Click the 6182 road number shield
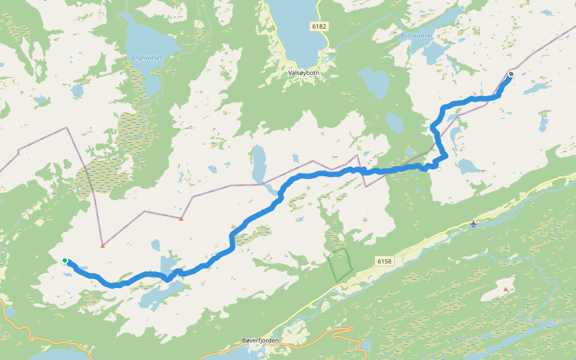coord(319,27)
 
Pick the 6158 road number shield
coord(385,261)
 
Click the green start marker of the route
coord(65,260)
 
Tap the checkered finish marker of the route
coord(511,74)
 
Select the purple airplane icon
coord(474,224)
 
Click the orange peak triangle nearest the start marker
coord(103,245)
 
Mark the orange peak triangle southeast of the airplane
coord(506,289)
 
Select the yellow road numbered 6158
coord(420,239)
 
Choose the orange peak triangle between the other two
coord(181,218)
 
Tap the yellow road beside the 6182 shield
coord(329,42)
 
